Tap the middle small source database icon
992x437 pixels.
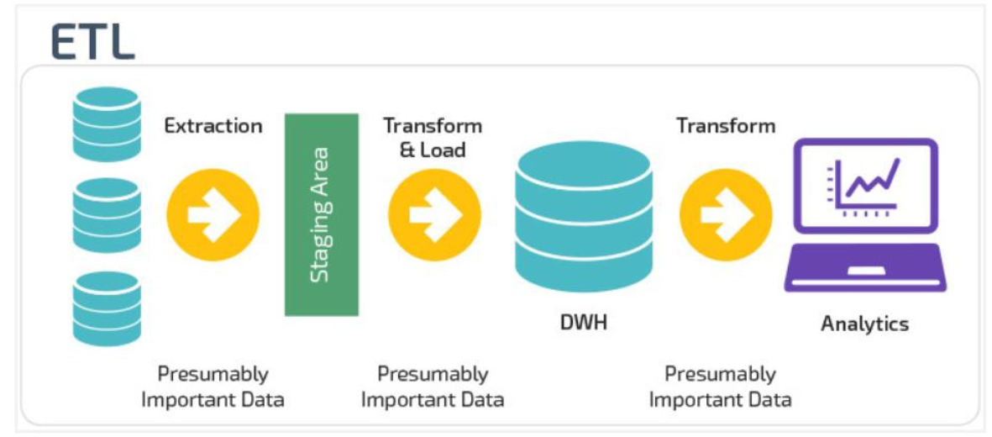click(105, 214)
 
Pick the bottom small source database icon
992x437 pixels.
click(105, 308)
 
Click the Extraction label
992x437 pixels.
click(213, 126)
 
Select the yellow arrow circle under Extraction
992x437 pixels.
click(213, 214)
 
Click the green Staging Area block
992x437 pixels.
click(322, 214)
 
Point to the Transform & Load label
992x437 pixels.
click(433, 138)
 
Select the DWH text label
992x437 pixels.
click(583, 322)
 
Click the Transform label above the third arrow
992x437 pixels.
click(726, 126)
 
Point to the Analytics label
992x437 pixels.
click(865, 324)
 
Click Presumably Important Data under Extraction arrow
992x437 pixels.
click(213, 387)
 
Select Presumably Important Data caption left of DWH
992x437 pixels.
click(433, 387)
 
